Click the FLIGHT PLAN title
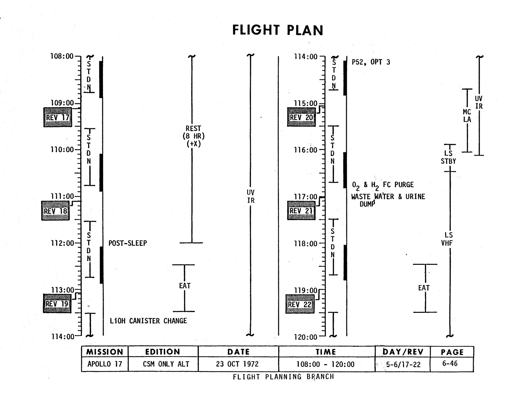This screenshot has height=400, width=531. pyautogui.click(x=278, y=30)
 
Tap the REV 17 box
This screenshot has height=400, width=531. pyautogui.click(x=58, y=117)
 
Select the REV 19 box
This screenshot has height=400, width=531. pyautogui.click(x=57, y=303)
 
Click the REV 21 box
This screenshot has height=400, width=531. pyautogui.click(x=301, y=211)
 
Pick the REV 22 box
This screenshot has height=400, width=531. pyautogui.click(x=300, y=304)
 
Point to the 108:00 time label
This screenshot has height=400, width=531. pyautogui.click(x=62, y=56)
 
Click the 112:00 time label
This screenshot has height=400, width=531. pyautogui.click(x=62, y=243)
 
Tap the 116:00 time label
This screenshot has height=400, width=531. pyautogui.click(x=305, y=150)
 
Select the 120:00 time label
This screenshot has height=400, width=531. pyautogui.click(x=305, y=337)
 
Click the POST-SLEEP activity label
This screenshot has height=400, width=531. pyautogui.click(x=128, y=243)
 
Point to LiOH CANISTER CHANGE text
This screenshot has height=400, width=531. pyautogui.click(x=148, y=321)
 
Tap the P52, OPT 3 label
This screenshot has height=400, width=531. pyautogui.click(x=371, y=62)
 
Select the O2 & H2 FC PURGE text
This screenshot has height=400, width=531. pyautogui.click(x=383, y=185)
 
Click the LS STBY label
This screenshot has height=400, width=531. pyautogui.click(x=448, y=157)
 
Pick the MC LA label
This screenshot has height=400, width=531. pyautogui.click(x=467, y=116)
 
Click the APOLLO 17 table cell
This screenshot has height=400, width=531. pyautogui.click(x=105, y=364)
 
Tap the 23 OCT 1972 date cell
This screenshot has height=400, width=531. pyautogui.click(x=237, y=364)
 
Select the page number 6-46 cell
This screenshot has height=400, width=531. pyautogui.click(x=450, y=363)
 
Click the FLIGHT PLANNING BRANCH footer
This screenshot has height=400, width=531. pyautogui.click(x=283, y=377)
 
